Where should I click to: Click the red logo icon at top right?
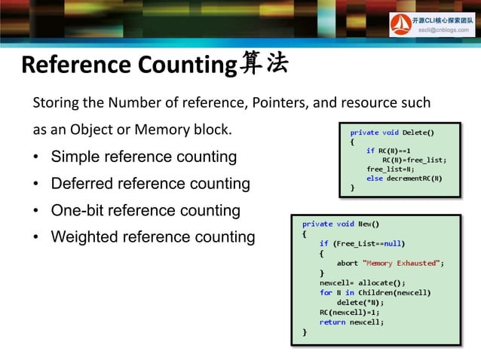[x=400, y=25]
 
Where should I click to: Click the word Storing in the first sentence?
[x=53, y=102]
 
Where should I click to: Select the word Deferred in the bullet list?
[x=78, y=184]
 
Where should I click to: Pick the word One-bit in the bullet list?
[x=75, y=210]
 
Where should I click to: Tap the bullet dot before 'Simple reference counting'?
[x=36, y=158]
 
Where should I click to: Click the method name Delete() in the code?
[x=418, y=133]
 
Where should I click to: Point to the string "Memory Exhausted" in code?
[x=400, y=264]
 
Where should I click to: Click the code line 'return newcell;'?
[x=351, y=322]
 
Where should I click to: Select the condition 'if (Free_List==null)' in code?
[x=362, y=243]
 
